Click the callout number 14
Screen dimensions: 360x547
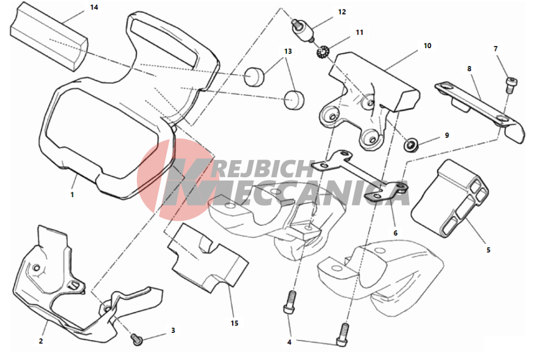point(94,7)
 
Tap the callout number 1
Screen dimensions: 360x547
point(72,194)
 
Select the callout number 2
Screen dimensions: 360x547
point(40,341)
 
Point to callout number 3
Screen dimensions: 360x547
point(173,330)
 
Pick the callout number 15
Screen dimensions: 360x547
point(234,323)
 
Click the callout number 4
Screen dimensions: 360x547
point(289,342)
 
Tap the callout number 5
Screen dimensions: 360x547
point(488,250)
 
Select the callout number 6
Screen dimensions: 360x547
point(395,233)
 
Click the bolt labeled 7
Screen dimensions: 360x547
point(510,84)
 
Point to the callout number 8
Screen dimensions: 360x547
point(469,69)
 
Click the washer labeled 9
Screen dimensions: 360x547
point(411,145)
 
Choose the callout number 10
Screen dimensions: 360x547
point(427,45)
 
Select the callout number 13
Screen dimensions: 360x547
point(288,51)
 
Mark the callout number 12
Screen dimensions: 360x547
point(341,12)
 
